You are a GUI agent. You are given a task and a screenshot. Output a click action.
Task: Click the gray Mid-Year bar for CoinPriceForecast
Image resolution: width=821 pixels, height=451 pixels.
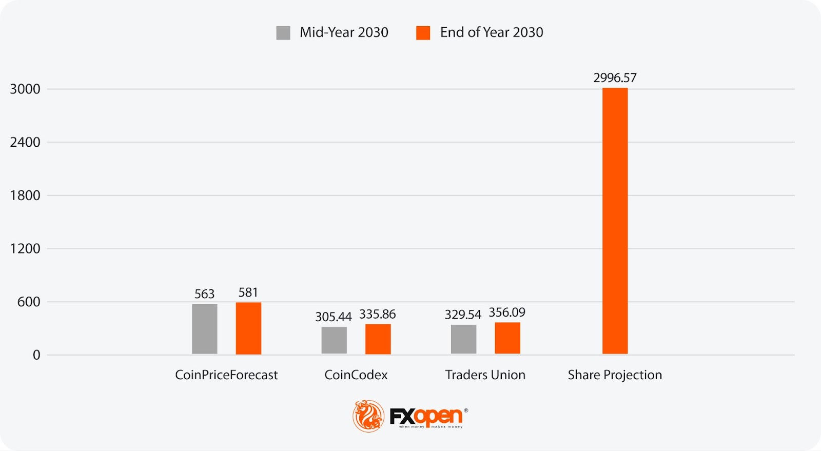tap(204, 329)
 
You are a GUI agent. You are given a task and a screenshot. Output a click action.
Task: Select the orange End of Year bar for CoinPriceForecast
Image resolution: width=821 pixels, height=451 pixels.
tap(248, 328)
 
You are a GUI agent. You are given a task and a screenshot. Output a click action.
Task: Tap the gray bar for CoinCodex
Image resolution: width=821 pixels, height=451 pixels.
tap(334, 340)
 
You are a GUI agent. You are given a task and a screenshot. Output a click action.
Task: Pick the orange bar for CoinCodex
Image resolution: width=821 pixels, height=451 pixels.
tap(378, 339)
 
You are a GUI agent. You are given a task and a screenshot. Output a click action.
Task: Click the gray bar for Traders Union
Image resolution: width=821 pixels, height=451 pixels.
tap(463, 339)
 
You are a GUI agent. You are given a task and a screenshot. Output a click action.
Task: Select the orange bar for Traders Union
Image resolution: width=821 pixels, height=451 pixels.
tap(507, 338)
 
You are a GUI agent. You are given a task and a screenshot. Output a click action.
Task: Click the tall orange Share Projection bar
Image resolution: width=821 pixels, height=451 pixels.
tap(615, 221)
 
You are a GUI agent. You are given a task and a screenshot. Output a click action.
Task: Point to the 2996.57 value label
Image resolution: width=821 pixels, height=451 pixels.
tap(615, 78)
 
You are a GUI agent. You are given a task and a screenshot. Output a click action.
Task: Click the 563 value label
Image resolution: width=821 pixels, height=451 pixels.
tap(204, 294)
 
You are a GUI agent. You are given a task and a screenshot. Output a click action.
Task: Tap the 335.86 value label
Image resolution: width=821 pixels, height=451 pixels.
tap(377, 314)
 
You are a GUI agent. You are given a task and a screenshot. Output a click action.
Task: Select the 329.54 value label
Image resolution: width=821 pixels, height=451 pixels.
tap(463, 315)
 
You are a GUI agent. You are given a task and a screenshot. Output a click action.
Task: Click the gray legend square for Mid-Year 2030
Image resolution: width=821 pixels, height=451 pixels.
tap(283, 33)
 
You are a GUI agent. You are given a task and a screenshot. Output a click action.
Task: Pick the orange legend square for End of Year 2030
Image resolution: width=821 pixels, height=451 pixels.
tap(423, 33)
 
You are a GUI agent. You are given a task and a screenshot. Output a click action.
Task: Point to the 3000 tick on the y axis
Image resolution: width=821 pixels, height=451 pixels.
tap(25, 89)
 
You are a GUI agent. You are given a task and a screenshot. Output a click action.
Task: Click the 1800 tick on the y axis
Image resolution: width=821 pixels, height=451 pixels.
tap(25, 195)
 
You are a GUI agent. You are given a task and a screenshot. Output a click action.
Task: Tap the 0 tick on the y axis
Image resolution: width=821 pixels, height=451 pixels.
tap(36, 355)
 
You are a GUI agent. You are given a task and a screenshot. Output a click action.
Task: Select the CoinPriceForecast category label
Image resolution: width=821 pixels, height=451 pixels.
tap(226, 375)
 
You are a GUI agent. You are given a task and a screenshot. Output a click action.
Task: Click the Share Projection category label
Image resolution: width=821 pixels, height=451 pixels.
tap(615, 375)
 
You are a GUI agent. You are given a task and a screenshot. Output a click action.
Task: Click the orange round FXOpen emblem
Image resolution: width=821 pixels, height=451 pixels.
tap(368, 416)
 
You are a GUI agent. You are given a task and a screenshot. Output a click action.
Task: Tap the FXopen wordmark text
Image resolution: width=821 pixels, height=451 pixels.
tap(426, 416)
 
